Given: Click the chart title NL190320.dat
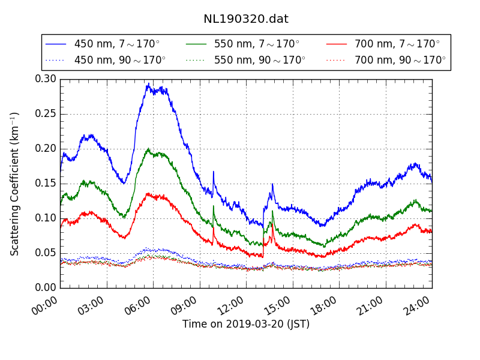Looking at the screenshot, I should [245, 19].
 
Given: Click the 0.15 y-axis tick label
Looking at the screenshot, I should [45, 184].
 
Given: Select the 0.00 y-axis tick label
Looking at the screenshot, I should [45, 287].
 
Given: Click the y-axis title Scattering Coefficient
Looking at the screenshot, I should [15, 184].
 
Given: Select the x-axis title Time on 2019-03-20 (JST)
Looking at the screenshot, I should [246, 324].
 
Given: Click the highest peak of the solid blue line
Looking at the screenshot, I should [148, 84].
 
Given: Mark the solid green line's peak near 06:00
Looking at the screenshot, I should [148, 149].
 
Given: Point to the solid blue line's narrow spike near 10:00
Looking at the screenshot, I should [213, 172].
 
